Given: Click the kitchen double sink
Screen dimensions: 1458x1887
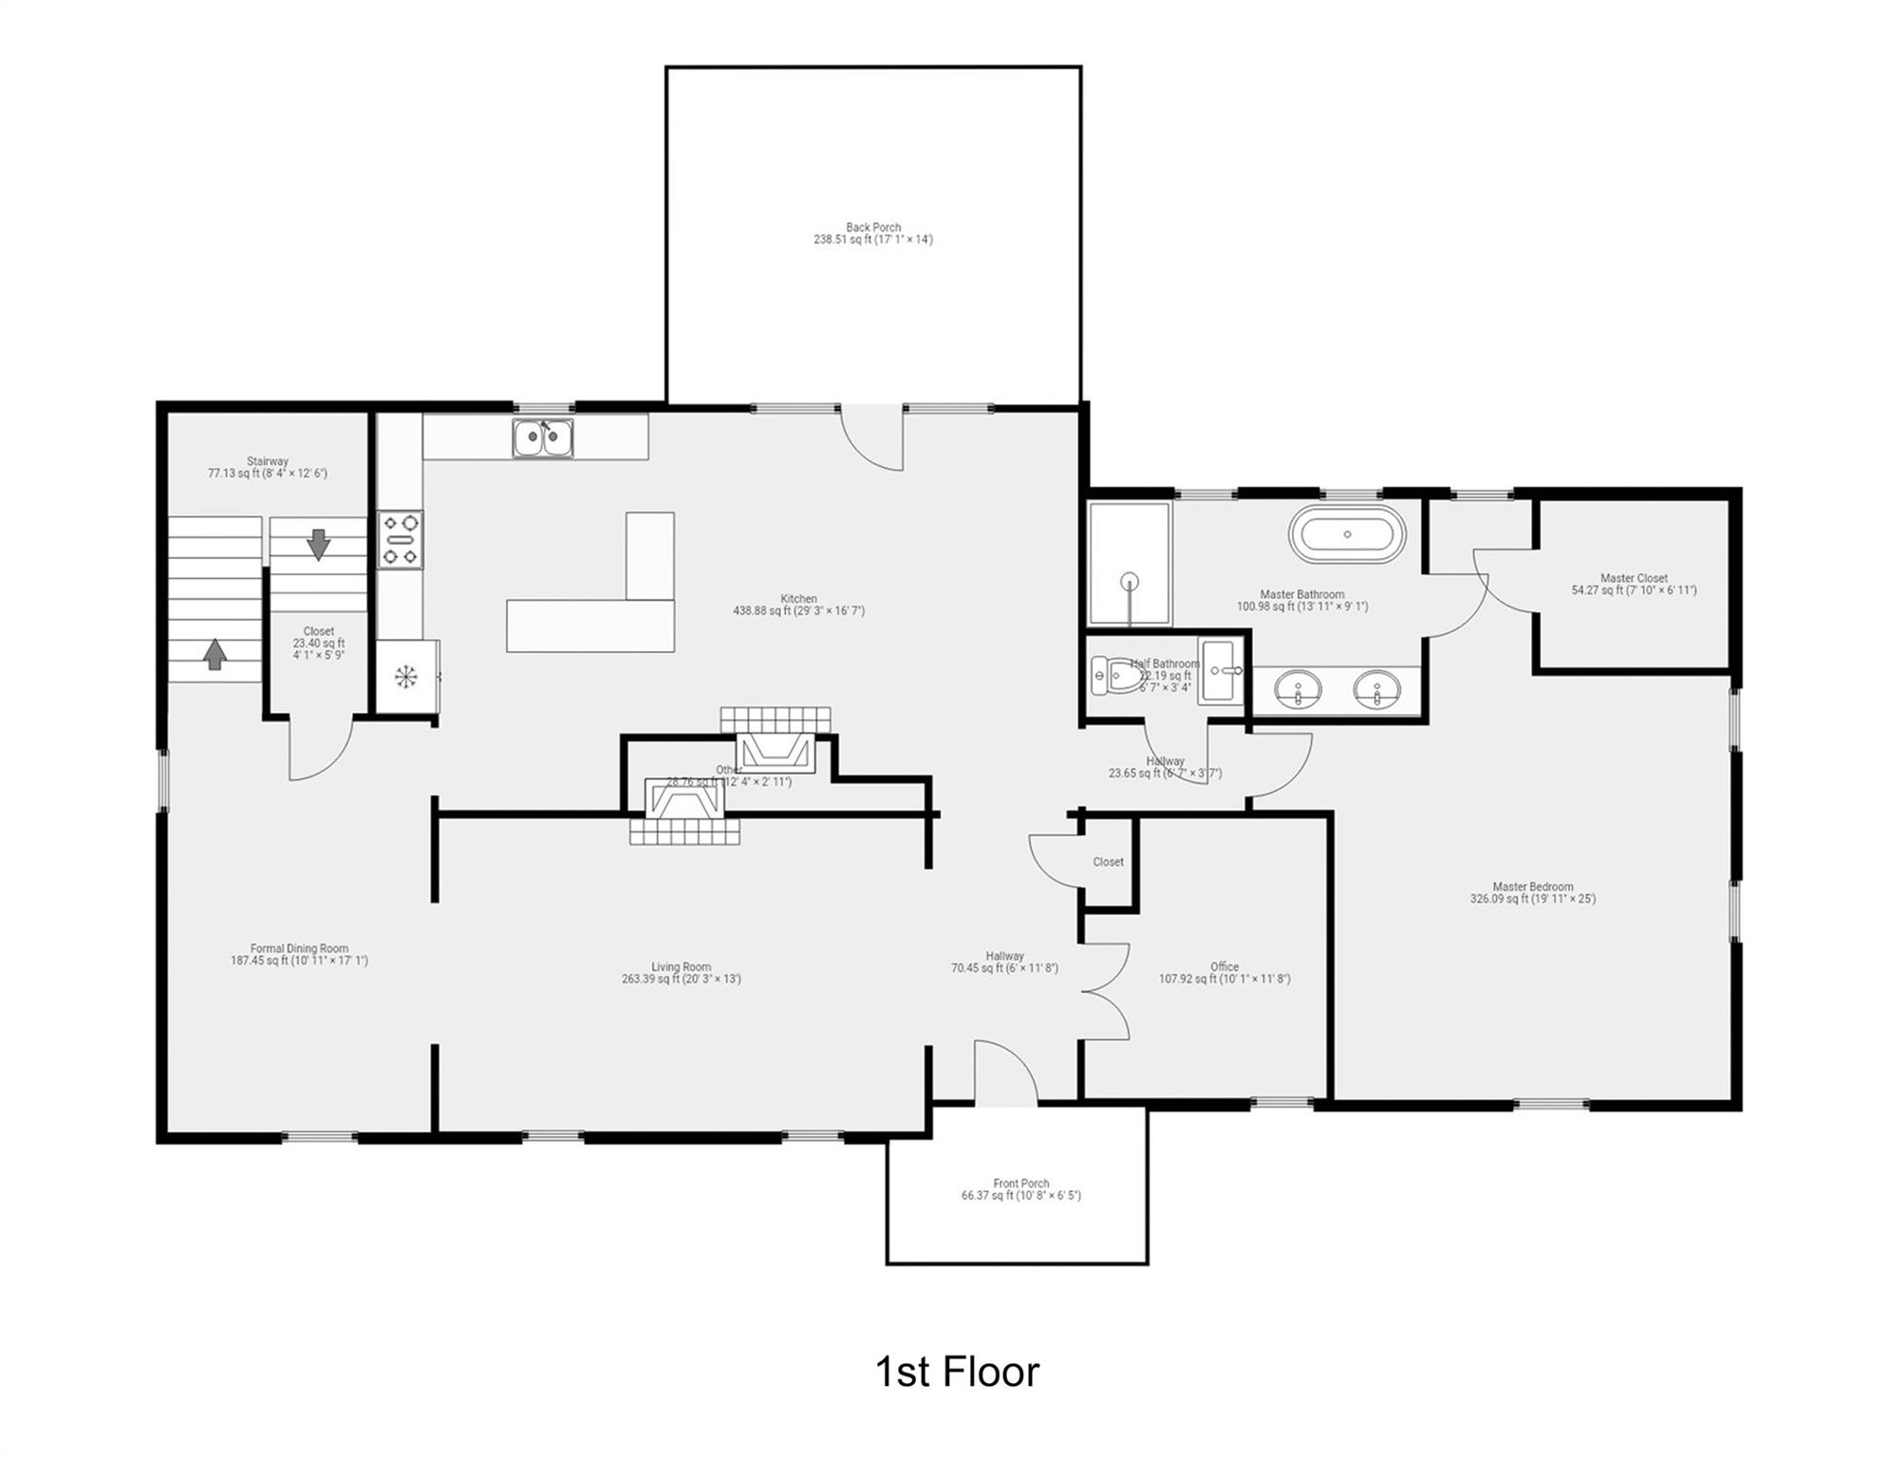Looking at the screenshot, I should pos(542,439).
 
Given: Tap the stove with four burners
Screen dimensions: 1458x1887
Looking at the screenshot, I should pos(400,540).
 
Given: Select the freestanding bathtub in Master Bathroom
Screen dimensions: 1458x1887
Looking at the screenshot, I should pos(1346,534).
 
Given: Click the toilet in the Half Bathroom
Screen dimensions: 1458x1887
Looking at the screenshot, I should pos(1115,676).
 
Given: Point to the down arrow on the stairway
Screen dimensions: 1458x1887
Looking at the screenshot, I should pos(318,544).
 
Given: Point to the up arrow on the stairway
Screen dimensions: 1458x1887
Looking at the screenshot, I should pos(215,653).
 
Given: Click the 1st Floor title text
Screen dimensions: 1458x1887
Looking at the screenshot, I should pos(956,1372).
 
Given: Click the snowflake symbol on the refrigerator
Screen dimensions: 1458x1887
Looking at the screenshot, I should pos(405,677).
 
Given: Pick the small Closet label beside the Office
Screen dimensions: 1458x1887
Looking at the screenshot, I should pos(1108,862).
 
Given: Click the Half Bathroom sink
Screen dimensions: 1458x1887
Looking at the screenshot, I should pos(1221,670).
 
